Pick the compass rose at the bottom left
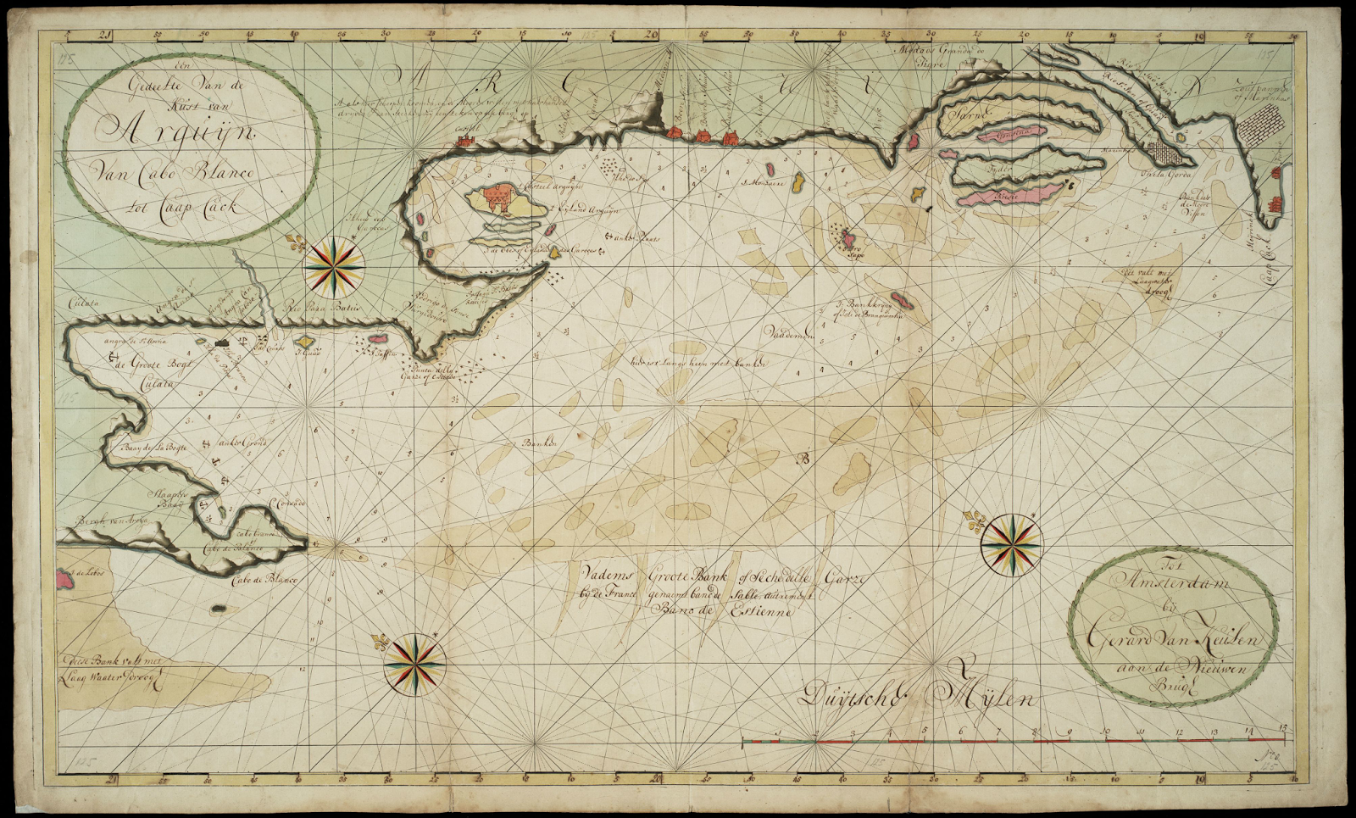click(414, 664)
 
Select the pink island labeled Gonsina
click(1013, 135)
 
